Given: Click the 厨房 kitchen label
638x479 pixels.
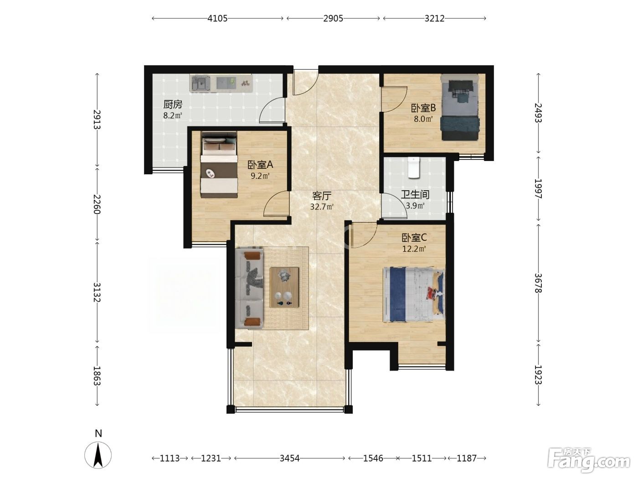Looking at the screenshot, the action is [173, 104].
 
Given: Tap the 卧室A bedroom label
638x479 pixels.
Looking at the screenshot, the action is [260, 165].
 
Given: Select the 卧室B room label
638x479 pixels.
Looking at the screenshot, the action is [423, 108].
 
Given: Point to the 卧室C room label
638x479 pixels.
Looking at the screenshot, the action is [414, 238].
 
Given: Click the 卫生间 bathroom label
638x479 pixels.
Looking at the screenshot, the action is [415, 195].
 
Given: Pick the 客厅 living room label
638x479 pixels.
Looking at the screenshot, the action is [321, 196].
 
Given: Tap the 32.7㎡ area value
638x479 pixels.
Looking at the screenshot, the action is [322, 207].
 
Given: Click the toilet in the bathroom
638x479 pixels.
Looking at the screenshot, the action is [414, 167].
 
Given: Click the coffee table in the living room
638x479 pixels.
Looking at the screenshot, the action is [284, 287].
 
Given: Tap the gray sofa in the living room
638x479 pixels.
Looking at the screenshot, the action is [249, 288].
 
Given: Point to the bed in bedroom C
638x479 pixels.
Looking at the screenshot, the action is [414, 295].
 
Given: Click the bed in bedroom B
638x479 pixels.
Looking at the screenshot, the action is [459, 107].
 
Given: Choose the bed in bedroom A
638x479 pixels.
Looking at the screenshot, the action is [219, 165].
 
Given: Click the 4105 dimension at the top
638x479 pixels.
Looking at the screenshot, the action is [217, 18].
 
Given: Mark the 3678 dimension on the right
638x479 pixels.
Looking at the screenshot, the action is [538, 283].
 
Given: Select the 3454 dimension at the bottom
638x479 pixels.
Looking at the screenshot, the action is [289, 458].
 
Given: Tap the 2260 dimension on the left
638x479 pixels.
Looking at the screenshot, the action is [97, 204].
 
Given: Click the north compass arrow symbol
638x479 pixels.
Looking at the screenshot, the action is [98, 455].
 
